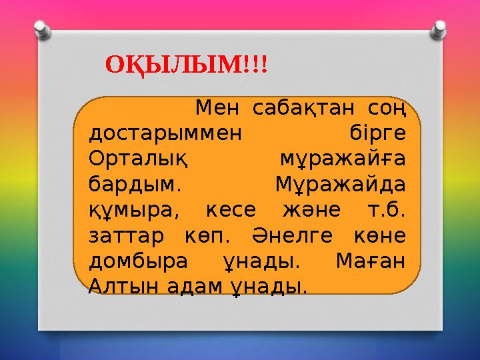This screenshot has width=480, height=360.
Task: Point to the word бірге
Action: click(x=378, y=132)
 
